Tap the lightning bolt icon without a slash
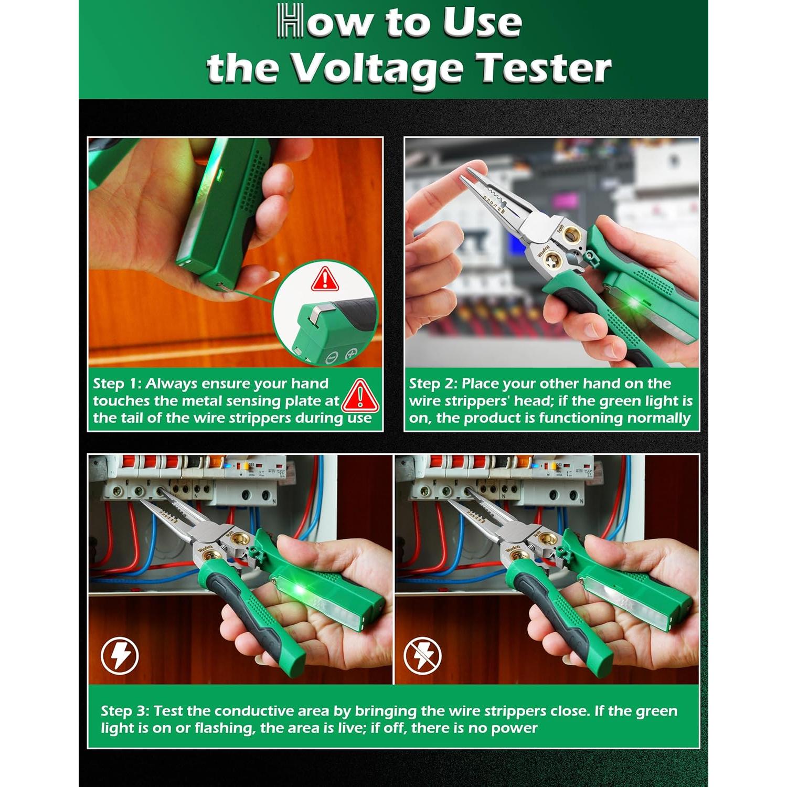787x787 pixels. (120, 655)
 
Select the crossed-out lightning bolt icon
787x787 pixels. (423, 655)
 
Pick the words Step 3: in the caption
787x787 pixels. (125, 711)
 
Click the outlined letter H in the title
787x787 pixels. (290, 21)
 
